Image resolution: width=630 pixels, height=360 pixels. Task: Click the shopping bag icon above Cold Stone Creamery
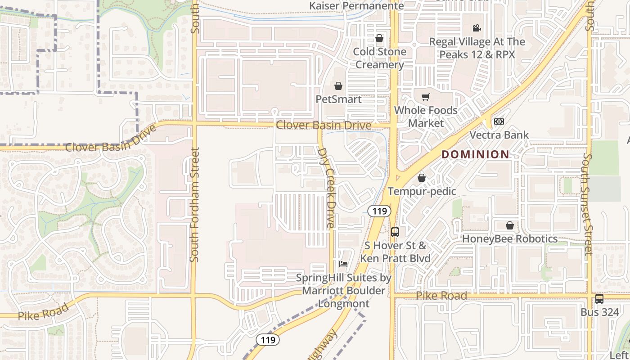tap(379, 39)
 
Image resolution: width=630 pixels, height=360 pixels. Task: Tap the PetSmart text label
tap(338, 99)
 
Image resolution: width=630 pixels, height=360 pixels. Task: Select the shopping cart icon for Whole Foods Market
tap(425, 97)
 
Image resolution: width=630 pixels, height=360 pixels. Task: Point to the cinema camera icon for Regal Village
tap(477, 28)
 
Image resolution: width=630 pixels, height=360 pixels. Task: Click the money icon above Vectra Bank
tap(499, 121)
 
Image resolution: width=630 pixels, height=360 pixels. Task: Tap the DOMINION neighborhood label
tap(476, 154)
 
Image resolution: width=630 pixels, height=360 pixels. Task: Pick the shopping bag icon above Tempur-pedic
tap(422, 178)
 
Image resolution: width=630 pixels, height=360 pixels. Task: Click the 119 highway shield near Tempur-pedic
tap(378, 211)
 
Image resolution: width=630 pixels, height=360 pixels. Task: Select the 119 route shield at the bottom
tap(268, 340)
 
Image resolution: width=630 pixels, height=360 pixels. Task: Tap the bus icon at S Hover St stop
tap(395, 232)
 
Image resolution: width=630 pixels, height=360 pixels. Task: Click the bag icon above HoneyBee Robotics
tap(509, 225)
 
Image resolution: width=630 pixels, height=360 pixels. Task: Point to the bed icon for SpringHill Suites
tap(343, 264)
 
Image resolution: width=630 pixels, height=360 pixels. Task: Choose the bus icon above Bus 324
tap(599, 299)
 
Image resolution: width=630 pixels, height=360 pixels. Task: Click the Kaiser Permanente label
tap(357, 5)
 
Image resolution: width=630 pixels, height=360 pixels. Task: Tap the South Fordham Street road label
tap(194, 205)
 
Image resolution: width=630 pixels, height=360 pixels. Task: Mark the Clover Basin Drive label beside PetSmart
tap(324, 125)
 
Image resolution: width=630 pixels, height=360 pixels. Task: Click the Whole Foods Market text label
tap(426, 117)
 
